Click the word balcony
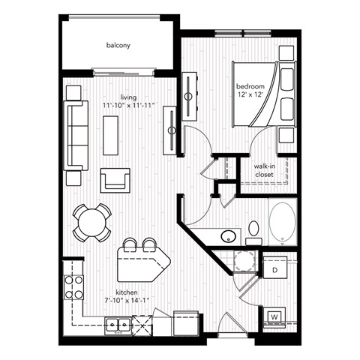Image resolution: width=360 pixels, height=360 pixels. [118, 46]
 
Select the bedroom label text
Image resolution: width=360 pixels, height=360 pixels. [250, 86]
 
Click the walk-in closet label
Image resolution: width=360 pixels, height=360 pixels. [263, 170]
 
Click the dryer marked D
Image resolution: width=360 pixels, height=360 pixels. [275, 268]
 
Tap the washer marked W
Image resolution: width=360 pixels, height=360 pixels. [275, 315]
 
